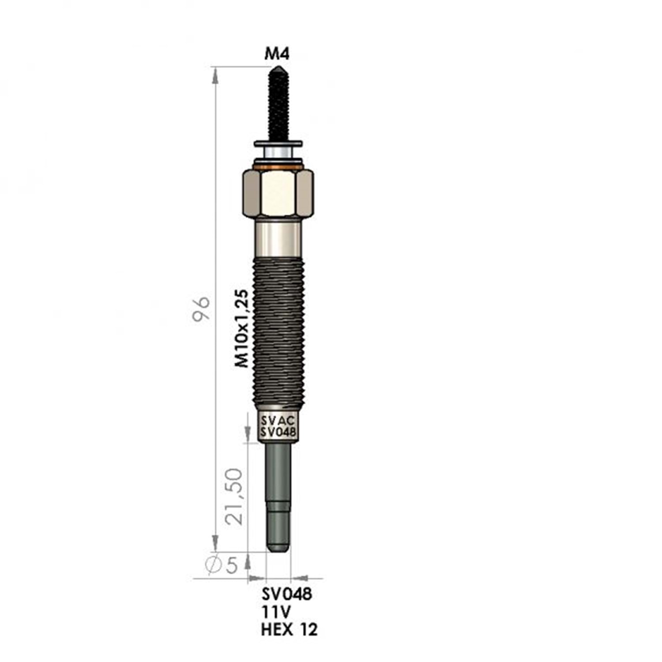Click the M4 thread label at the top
(277, 54)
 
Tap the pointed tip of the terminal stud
(278, 67)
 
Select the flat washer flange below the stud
(278, 143)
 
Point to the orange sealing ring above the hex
(278, 167)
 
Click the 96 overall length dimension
(201, 308)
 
